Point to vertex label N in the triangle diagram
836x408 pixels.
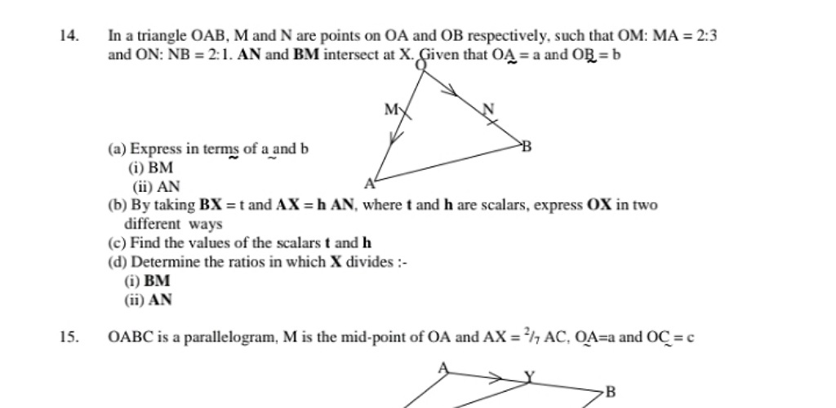click(x=488, y=109)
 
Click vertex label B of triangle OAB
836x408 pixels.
click(x=527, y=147)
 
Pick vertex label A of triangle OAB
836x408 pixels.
click(x=369, y=183)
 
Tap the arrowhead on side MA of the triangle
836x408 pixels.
click(x=394, y=141)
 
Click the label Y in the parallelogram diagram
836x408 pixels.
click(x=530, y=376)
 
